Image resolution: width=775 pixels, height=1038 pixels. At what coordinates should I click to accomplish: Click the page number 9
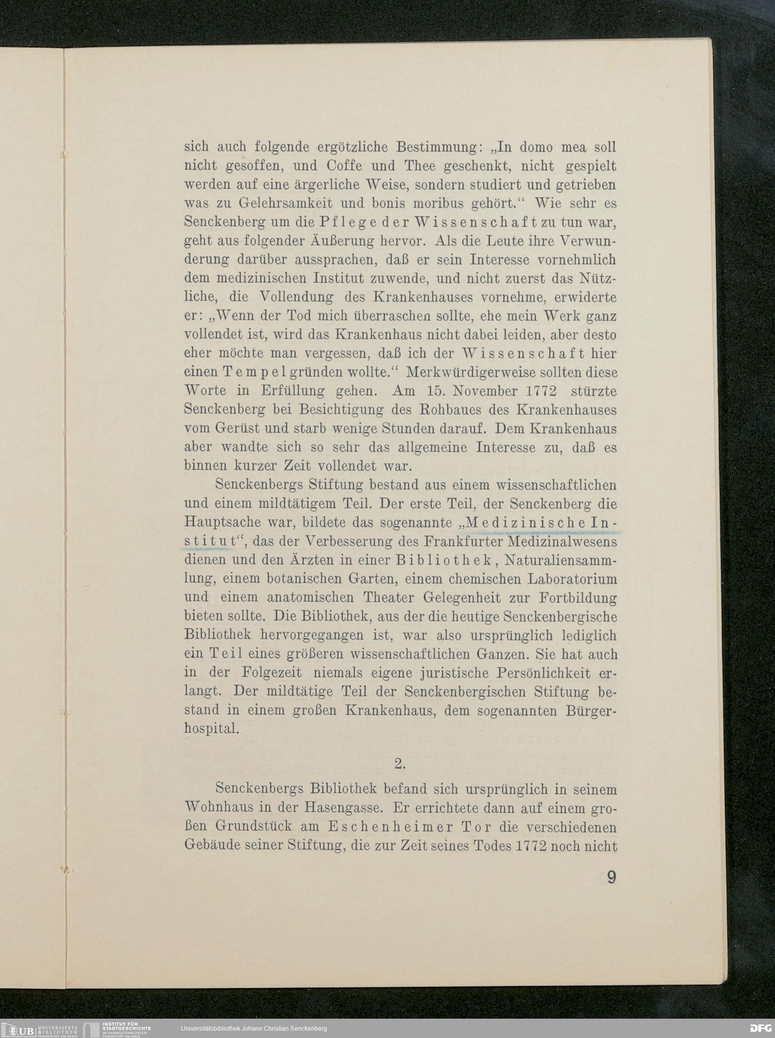point(611,877)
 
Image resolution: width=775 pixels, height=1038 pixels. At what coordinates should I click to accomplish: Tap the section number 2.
point(400,764)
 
